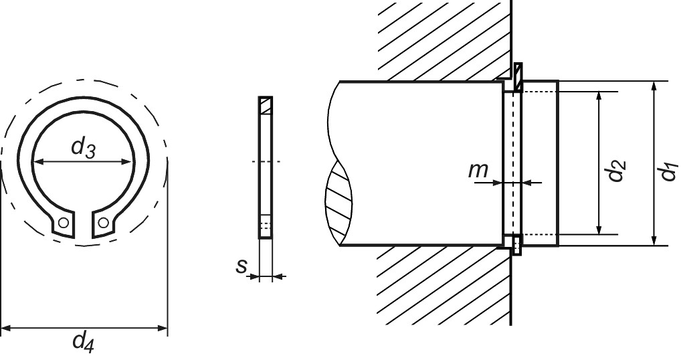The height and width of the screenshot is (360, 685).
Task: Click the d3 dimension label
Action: [84, 149]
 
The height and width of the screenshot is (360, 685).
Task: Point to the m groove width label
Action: [478, 170]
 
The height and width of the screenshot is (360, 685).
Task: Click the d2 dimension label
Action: [616, 171]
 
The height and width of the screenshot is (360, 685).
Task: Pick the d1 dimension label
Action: [668, 171]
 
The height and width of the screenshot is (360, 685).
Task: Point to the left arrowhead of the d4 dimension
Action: [6, 329]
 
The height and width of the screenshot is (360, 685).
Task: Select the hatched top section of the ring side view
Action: [266, 106]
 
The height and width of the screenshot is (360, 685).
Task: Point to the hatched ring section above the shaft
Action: [518, 71]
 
